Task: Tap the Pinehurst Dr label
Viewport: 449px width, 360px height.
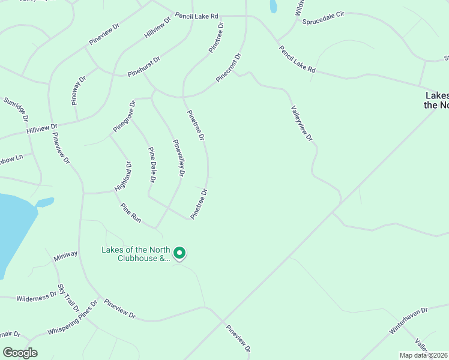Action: tap(144, 67)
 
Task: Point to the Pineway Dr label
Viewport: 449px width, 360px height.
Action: tap(79, 90)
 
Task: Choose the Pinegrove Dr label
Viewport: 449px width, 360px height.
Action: tap(125, 116)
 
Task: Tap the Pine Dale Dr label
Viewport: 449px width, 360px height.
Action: tap(152, 165)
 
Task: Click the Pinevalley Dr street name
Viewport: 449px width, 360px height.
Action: tap(179, 158)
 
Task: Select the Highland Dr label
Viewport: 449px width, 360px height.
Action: tap(123, 176)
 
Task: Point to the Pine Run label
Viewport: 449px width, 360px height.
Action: tap(131, 214)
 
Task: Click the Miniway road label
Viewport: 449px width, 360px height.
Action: tap(65, 254)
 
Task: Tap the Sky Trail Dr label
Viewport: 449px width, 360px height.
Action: tap(68, 298)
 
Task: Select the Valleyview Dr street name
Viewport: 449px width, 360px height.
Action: tap(302, 124)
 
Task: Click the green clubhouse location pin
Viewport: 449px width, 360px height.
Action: tap(179, 253)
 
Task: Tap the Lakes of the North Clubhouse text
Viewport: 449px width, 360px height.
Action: tap(136, 254)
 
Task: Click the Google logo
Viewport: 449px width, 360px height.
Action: tap(20, 352)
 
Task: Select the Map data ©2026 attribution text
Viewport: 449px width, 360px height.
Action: tap(423, 355)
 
